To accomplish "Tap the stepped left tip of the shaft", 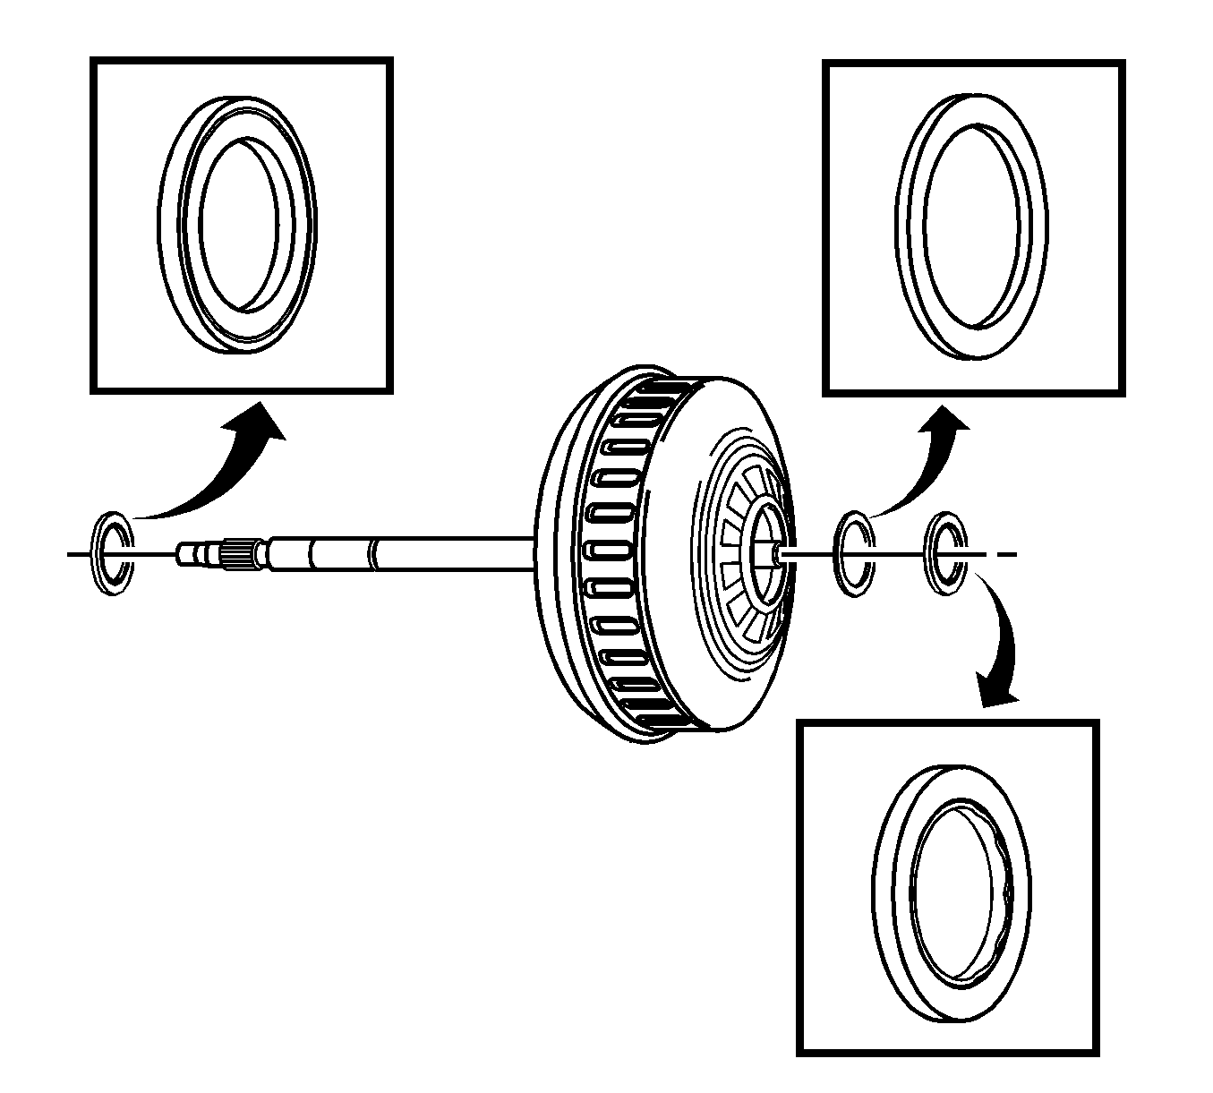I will (190, 554).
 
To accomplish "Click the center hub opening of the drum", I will (768, 551).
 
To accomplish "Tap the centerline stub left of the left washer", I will (79, 555).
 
